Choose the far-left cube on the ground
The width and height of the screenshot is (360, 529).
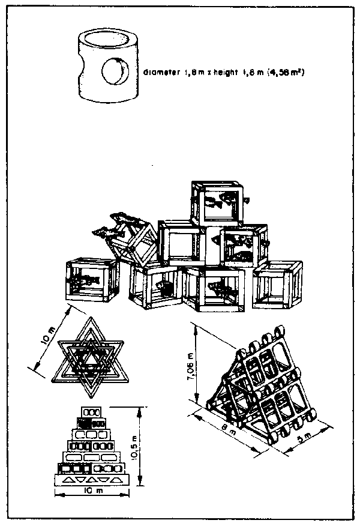click(x=89, y=281)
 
